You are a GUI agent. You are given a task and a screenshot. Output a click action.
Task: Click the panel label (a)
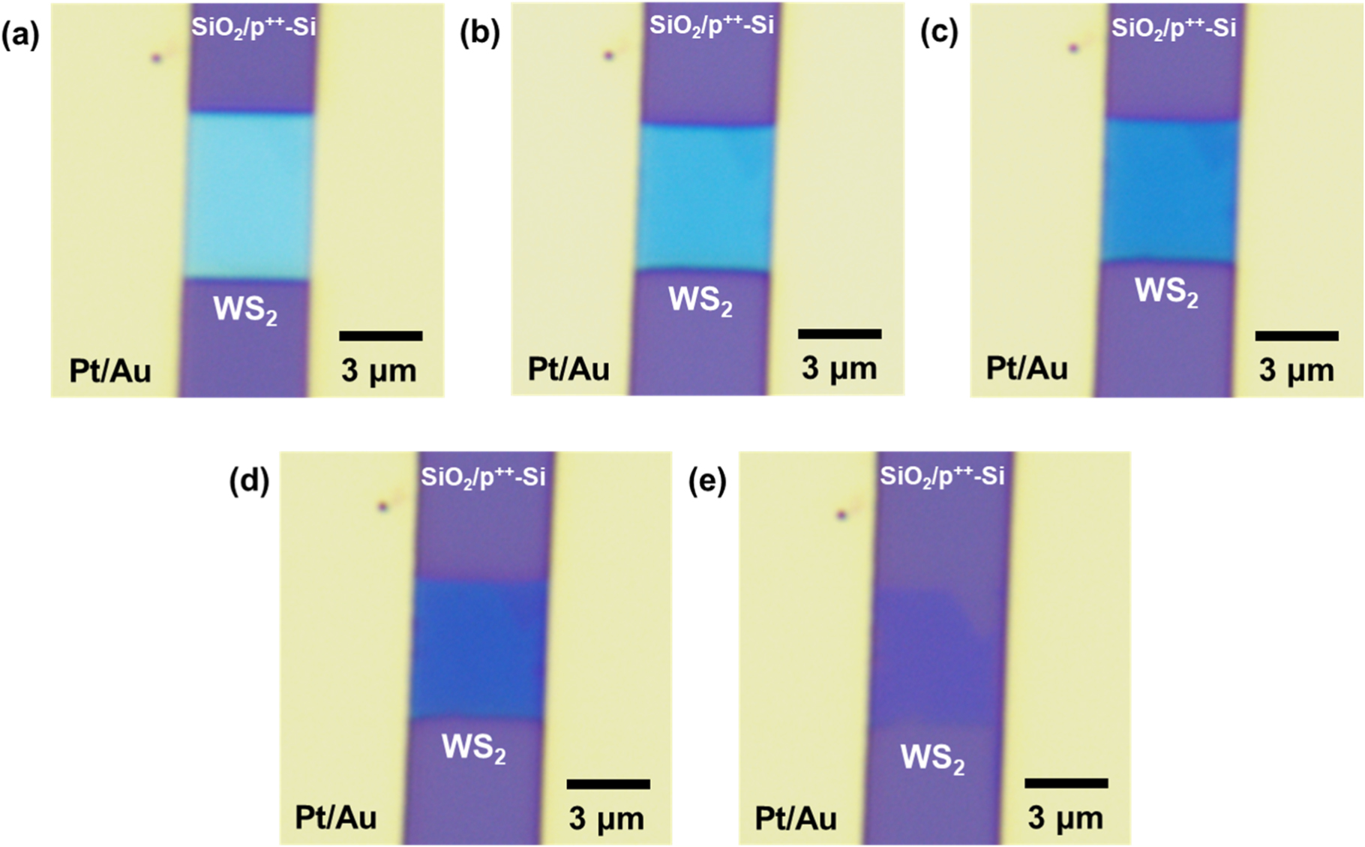[20, 35]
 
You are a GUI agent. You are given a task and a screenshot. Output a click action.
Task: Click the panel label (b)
[480, 34]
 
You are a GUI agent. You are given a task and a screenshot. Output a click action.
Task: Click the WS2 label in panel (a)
[245, 310]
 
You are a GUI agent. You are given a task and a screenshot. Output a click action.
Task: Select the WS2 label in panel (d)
[473, 749]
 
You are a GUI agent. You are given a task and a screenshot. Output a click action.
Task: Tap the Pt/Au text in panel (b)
[568, 369]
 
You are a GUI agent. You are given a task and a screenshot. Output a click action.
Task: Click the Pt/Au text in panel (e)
[796, 818]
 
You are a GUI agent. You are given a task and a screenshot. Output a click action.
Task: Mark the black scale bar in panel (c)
[1297, 335]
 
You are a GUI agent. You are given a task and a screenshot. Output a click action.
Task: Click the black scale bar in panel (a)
[381, 335]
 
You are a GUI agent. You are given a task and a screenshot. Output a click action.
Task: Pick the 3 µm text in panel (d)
[606, 818]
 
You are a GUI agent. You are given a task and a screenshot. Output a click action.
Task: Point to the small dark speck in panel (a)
[157, 58]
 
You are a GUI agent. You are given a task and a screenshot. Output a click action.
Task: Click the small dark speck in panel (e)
[841, 515]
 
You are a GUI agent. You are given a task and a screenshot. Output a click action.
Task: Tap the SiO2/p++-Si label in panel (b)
[711, 26]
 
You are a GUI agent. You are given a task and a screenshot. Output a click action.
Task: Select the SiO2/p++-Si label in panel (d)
[483, 477]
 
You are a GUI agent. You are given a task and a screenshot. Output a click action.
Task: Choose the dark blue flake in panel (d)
[478, 649]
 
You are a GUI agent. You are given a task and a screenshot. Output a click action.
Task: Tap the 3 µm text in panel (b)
[838, 369]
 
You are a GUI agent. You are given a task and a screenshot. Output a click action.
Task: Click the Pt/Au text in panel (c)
[1027, 369]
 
